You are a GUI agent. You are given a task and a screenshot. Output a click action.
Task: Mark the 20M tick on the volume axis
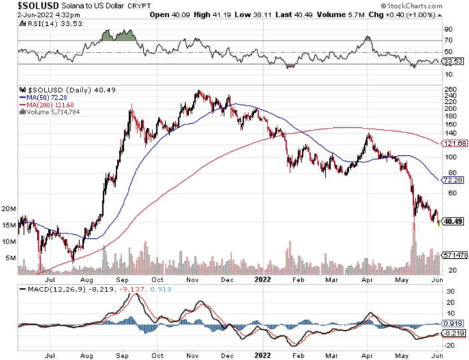pyautogui.click(x=9, y=208)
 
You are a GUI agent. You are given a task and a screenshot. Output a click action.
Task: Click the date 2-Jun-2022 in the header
pyautogui.click(x=24, y=14)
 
